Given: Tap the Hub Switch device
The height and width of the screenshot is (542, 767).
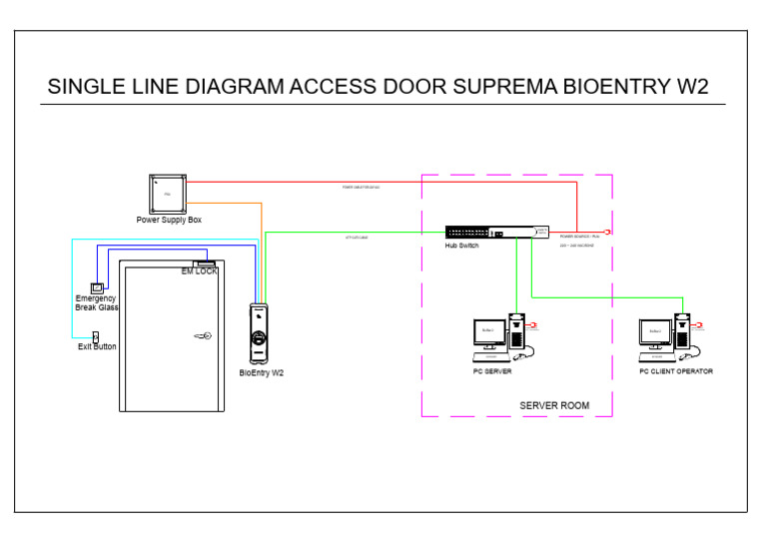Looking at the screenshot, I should point(496,232).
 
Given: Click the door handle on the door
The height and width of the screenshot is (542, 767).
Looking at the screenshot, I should point(203,336).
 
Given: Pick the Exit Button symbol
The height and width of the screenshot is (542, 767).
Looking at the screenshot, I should point(96,336).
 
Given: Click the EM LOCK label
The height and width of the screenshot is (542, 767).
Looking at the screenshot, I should point(199,271).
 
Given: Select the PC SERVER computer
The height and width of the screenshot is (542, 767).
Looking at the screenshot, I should point(498,339).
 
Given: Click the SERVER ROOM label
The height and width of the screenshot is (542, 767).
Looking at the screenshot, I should point(554,406).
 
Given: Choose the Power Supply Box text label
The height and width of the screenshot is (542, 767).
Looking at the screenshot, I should point(169,220).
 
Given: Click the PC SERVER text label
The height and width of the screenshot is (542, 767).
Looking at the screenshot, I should point(492,371).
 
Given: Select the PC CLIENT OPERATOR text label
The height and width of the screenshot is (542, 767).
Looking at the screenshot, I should point(676,371).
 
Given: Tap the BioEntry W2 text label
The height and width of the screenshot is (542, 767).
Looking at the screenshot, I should point(262,373).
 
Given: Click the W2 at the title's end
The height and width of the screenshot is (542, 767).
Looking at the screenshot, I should point(692,87).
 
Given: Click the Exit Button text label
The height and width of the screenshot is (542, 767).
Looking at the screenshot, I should point(97,347).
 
